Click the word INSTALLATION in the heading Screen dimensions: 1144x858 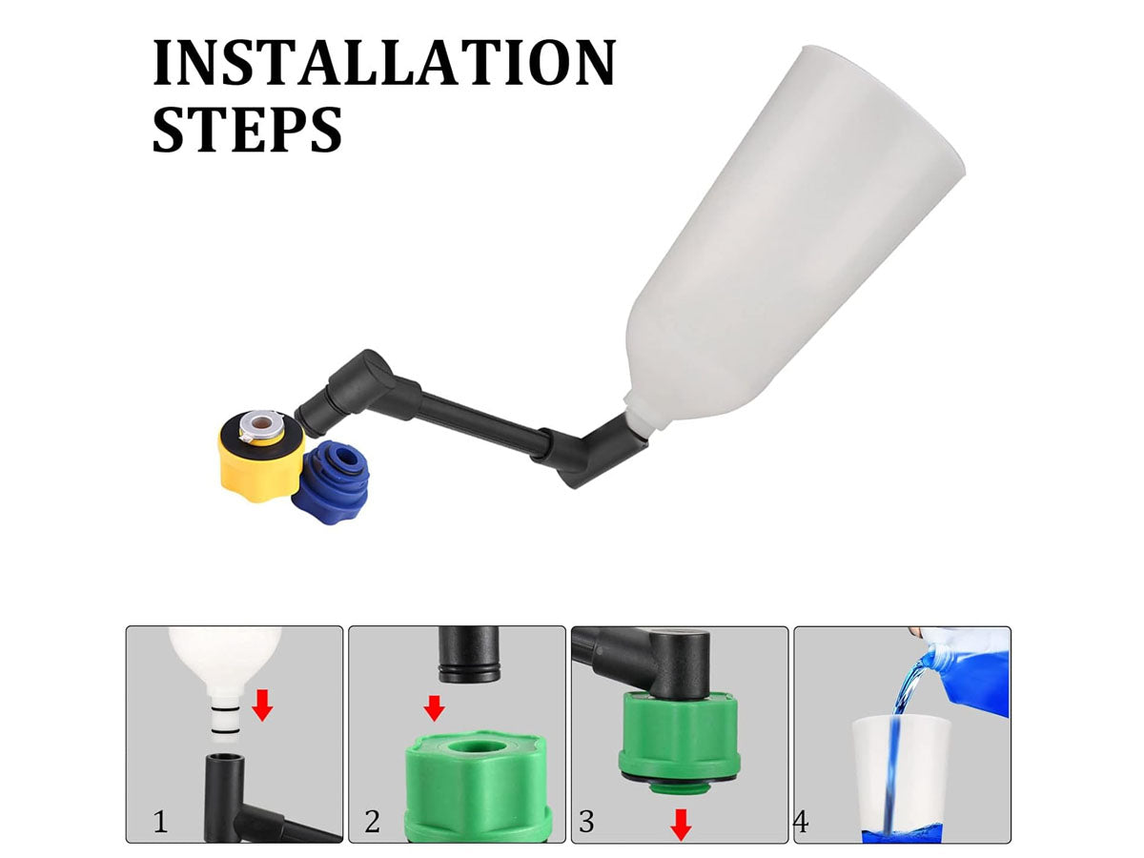click(x=384, y=62)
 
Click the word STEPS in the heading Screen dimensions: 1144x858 click(x=247, y=129)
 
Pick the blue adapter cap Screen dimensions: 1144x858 click(x=331, y=482)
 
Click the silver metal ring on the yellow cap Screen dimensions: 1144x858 click(x=259, y=424)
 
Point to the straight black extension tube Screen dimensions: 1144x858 click(x=482, y=422)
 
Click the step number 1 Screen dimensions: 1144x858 click(x=160, y=822)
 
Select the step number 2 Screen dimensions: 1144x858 click(x=372, y=822)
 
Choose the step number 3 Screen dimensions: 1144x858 click(x=586, y=822)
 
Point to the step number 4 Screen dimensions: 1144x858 click(x=801, y=823)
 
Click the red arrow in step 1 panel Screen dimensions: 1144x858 click(x=262, y=705)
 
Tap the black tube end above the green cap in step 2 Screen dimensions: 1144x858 click(x=470, y=654)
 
